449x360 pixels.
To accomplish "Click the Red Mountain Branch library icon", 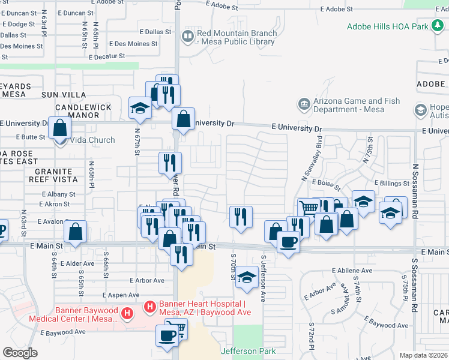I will click(188, 37).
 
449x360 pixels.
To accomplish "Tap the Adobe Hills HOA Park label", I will click(388, 26).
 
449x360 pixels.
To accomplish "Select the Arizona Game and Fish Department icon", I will click(304, 105).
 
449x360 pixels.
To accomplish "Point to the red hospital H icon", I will click(127, 313).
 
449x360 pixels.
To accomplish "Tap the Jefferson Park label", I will click(243, 351).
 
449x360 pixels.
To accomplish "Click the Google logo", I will click(20, 353).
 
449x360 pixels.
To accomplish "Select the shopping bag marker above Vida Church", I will click(60, 128).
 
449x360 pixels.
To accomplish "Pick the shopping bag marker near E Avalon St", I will click(76, 232).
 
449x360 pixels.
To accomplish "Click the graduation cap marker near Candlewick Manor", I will click(140, 108).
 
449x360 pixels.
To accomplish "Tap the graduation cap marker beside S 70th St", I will click(246, 277).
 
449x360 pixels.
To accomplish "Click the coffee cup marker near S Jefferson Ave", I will click(288, 242).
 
